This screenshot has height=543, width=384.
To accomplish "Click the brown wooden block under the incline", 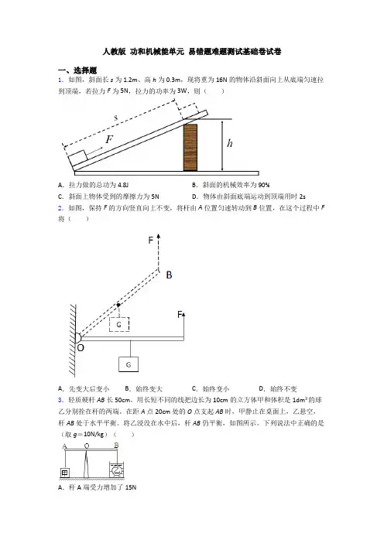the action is (x=190, y=148).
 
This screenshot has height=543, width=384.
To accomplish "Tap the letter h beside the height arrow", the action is (x=230, y=143).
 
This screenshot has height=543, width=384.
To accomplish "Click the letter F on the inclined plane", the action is (x=109, y=139).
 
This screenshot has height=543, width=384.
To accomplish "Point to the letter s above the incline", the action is (x=116, y=118).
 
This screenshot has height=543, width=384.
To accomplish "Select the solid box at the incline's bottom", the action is (x=77, y=158).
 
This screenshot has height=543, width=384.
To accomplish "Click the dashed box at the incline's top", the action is (x=188, y=110).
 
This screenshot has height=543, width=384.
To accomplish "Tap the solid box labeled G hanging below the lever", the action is (x=129, y=364).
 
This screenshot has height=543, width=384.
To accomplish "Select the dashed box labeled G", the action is (x=119, y=324).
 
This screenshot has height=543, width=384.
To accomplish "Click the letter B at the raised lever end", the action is (x=169, y=275).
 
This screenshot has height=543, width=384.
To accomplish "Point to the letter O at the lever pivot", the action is (x=81, y=347).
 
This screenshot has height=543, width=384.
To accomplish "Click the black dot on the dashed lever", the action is (x=118, y=305).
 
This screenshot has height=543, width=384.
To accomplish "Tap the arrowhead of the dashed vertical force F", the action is (x=159, y=236).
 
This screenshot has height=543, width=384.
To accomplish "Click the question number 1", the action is (x=60, y=80).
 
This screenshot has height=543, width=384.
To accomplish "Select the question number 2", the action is (x=60, y=208).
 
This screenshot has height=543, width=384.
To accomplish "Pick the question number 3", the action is (x=60, y=401).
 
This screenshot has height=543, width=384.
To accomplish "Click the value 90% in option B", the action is (x=264, y=185).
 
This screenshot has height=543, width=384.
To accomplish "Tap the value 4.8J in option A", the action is (x=123, y=185).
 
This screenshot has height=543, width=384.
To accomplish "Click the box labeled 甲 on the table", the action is (x=65, y=473).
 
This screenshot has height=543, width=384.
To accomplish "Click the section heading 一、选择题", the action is (x=77, y=70).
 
